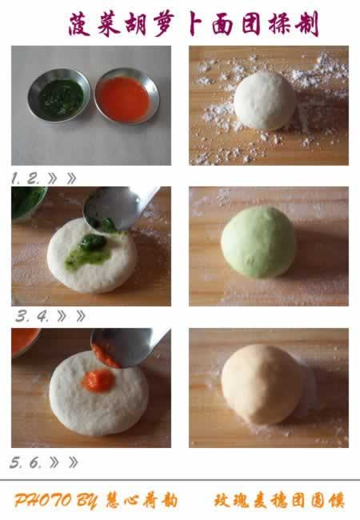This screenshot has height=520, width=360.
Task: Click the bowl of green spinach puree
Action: [59, 95]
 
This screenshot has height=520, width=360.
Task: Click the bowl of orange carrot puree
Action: [127, 96]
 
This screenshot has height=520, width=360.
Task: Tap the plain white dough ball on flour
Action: [265, 101]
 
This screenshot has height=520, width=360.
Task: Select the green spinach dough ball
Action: [258, 242]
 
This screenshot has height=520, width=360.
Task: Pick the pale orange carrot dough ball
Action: [261, 384]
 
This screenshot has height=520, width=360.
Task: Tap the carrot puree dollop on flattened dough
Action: [98, 380]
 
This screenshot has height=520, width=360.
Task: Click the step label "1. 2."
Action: [26, 178]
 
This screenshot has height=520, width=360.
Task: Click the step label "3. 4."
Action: [33, 316]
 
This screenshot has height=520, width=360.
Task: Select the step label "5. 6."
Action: [26, 462]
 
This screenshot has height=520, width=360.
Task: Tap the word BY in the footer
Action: [87, 501]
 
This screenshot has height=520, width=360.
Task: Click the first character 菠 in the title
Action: [79, 24]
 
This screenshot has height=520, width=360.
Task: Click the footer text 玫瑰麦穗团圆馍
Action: [279, 501]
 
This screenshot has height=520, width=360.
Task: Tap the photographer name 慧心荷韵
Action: [142, 501]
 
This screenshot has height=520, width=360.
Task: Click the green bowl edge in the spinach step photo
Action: [29, 202]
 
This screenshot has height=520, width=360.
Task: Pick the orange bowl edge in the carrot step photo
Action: [25, 342]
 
